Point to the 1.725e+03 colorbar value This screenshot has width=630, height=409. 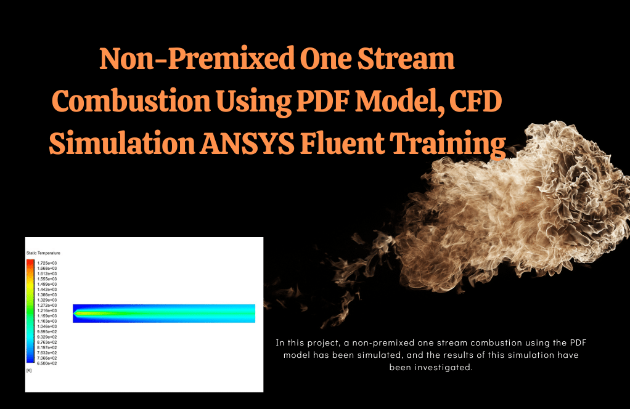[47, 263]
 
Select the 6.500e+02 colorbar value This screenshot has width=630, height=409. [47, 363]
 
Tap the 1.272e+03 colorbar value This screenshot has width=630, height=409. [47, 305]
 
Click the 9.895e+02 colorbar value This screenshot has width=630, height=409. [47, 331]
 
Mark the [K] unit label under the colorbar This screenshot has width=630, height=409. [29, 370]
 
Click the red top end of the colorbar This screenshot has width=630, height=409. [30, 262]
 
